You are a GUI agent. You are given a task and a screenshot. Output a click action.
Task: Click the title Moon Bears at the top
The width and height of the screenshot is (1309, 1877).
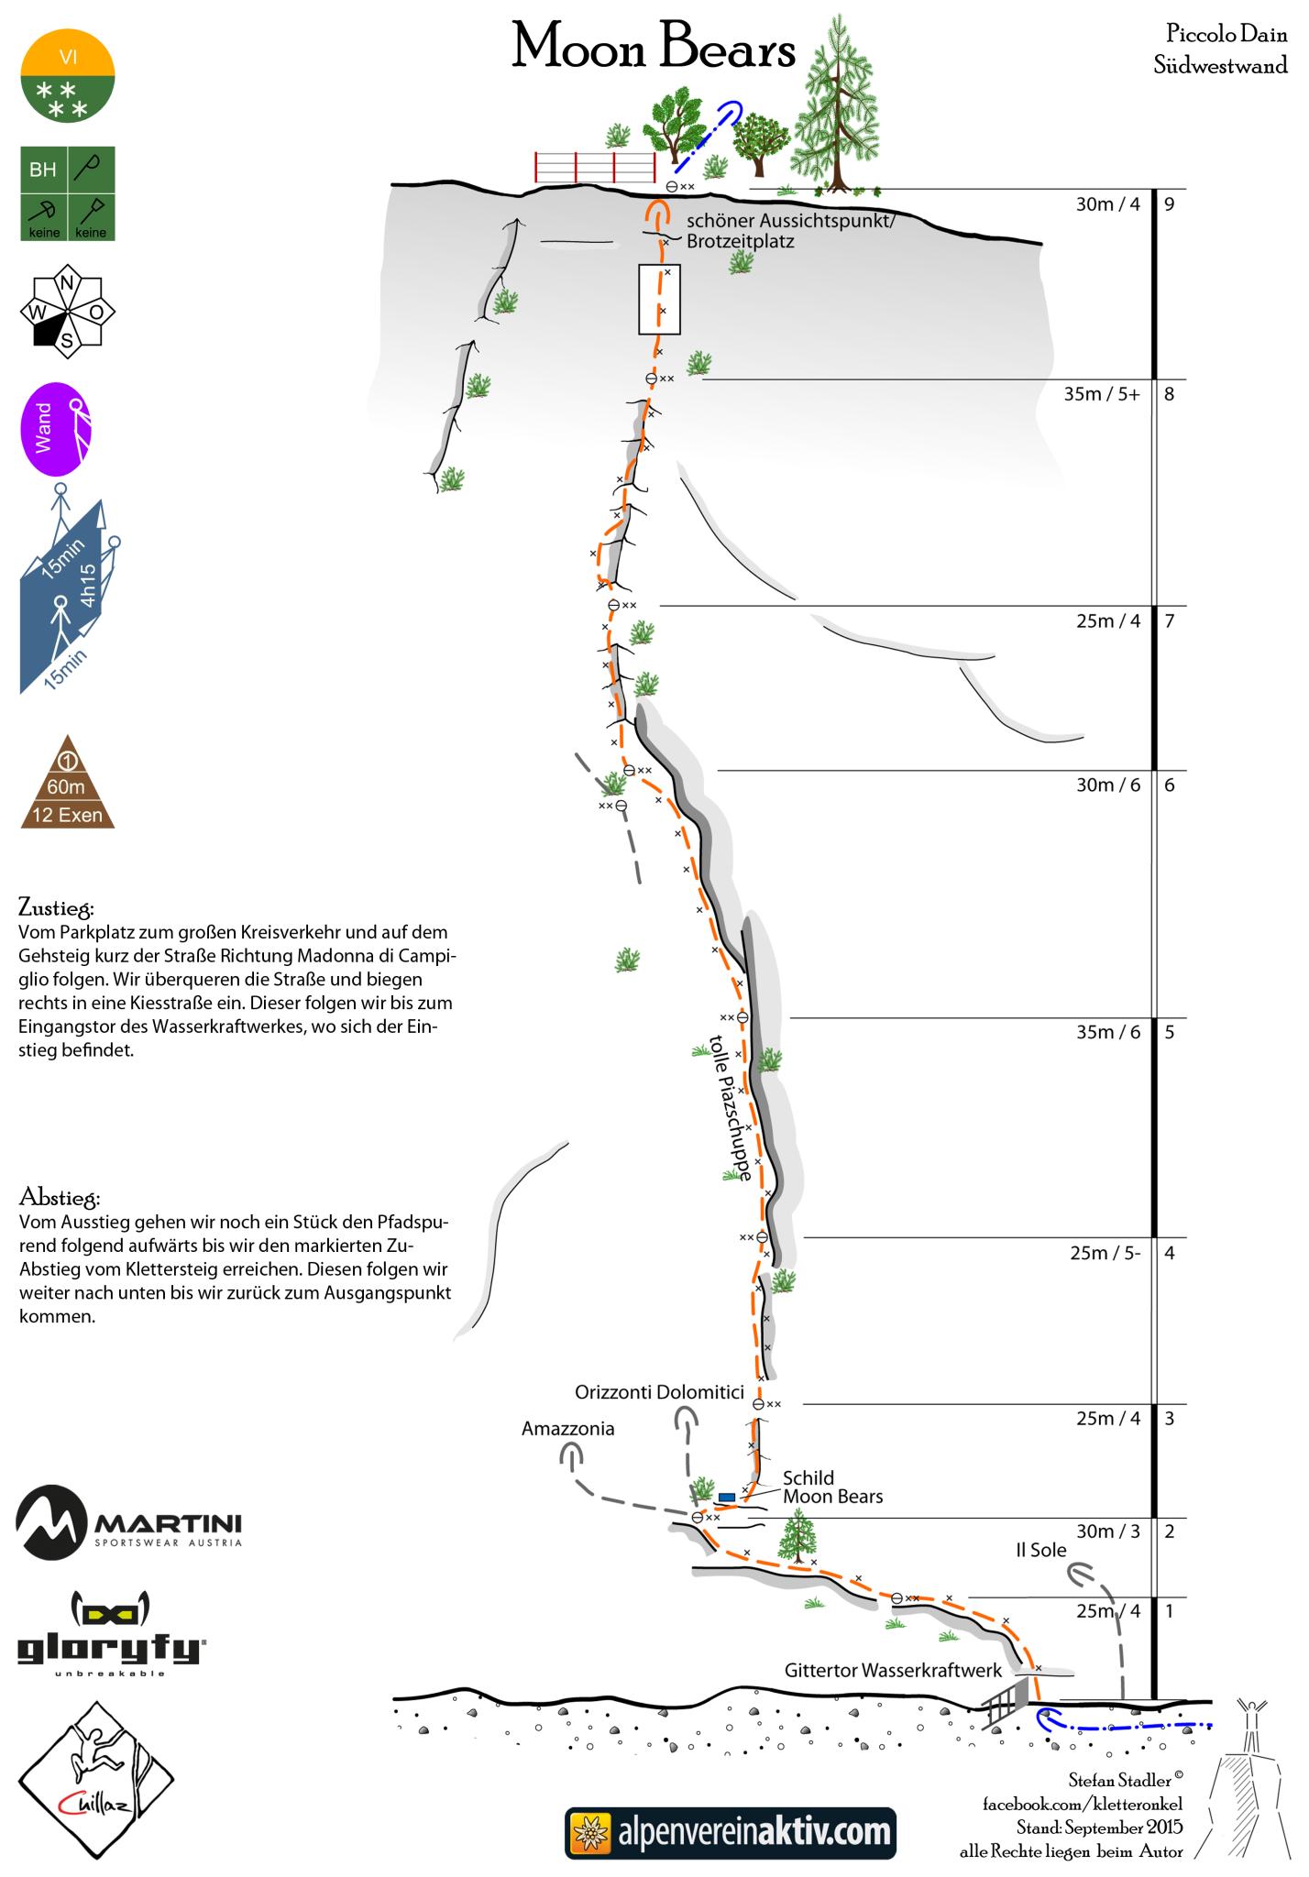click(654, 49)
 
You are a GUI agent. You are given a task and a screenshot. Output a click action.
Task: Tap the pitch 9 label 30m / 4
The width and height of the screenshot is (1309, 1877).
click(1107, 204)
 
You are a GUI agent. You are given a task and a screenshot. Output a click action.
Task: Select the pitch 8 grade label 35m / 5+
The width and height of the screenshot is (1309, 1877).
click(1102, 395)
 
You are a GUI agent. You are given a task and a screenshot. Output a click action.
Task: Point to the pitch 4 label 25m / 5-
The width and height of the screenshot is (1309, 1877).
click(1105, 1253)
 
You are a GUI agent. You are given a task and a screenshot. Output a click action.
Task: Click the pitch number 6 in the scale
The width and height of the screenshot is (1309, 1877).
click(1169, 785)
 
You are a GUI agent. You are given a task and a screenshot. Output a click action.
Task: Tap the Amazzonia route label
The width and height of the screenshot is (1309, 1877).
click(567, 1429)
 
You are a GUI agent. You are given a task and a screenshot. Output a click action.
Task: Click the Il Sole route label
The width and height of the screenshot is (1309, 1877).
click(1040, 1550)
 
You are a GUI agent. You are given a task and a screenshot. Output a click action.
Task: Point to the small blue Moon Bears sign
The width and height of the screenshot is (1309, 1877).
click(727, 1497)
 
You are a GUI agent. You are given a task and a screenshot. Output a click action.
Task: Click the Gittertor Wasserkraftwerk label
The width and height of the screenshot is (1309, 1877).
click(893, 1671)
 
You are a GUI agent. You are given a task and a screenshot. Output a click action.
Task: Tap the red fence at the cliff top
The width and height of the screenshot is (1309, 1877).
click(595, 167)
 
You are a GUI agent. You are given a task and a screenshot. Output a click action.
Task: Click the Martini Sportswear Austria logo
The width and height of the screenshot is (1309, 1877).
click(128, 1523)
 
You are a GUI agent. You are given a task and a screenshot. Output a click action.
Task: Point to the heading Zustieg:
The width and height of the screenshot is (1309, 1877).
click(56, 908)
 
